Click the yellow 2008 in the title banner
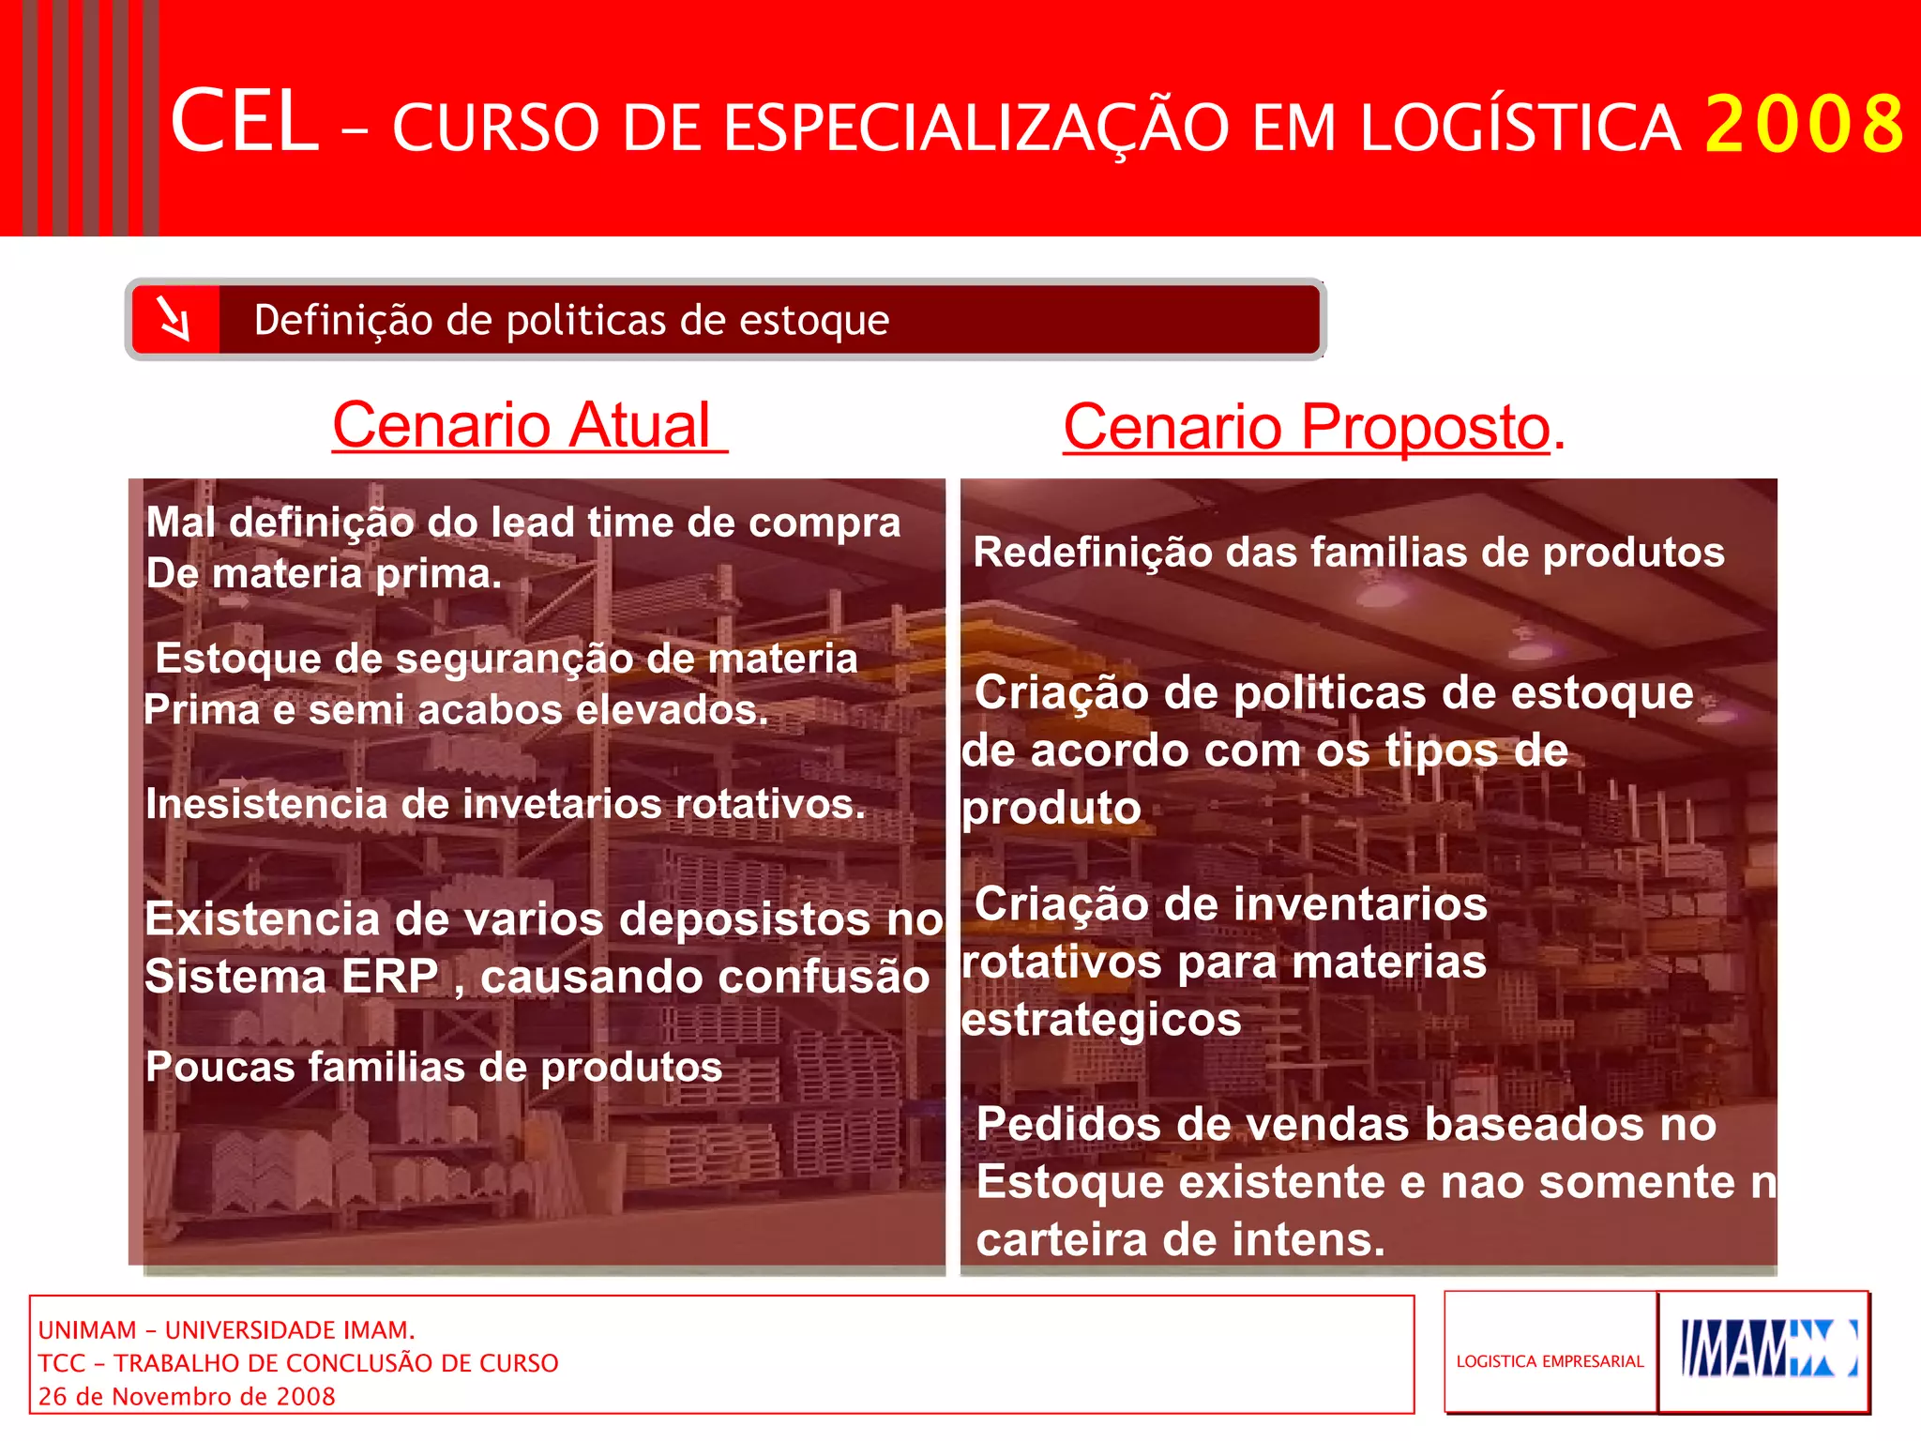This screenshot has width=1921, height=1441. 1804,124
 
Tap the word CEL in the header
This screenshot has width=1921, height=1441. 244,122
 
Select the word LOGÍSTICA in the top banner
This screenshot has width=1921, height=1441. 1520,128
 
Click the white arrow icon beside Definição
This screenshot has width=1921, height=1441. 174,319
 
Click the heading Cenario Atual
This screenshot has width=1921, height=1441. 528,426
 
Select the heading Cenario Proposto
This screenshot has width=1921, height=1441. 1306,428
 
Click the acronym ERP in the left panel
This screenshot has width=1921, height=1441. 390,977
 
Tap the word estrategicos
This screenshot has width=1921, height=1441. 1101,1020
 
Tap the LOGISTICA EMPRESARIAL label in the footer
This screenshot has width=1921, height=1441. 1550,1361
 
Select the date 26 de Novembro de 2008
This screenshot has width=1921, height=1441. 187,1396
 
